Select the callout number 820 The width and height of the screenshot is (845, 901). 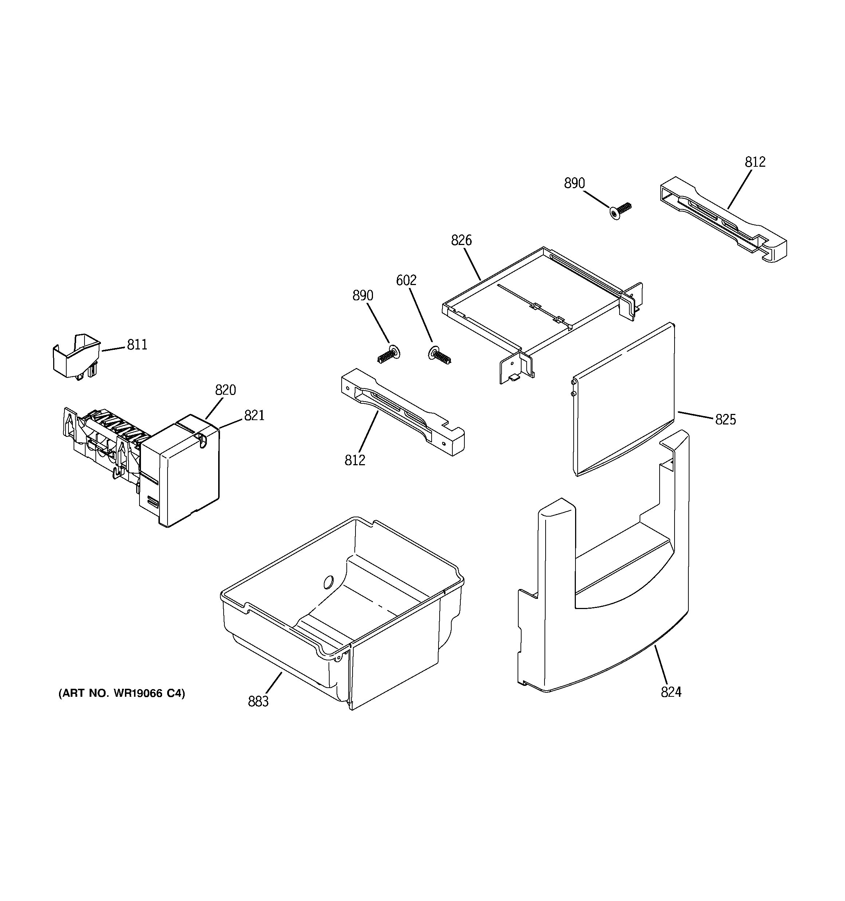click(225, 390)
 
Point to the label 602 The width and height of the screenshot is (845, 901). click(406, 281)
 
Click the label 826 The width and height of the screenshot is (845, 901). click(461, 240)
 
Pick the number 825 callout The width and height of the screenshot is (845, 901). click(725, 420)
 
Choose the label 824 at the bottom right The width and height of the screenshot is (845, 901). click(671, 705)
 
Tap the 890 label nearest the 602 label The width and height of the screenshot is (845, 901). click(363, 296)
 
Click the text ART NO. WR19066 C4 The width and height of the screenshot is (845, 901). click(122, 693)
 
